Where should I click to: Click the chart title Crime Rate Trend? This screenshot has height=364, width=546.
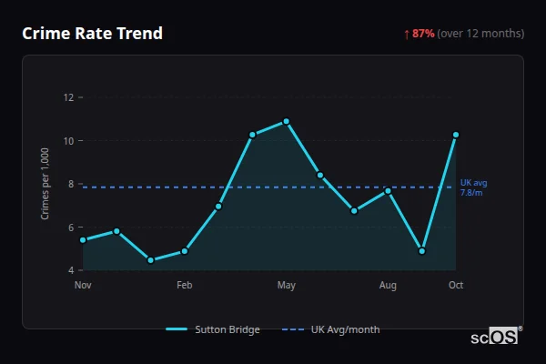click(x=92, y=34)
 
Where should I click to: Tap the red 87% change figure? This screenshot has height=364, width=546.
click(x=423, y=34)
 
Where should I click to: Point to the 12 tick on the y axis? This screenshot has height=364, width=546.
click(x=67, y=97)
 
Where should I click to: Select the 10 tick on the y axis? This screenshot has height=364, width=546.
click(x=67, y=141)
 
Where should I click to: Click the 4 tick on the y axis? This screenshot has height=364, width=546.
click(x=70, y=270)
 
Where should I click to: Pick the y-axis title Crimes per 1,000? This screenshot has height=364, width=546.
click(x=45, y=184)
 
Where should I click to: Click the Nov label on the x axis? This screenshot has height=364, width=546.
click(x=83, y=286)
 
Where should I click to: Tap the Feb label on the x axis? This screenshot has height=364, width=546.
click(x=185, y=286)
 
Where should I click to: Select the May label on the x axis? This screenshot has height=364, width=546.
click(x=287, y=286)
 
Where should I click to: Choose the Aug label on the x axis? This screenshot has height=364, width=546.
click(x=388, y=286)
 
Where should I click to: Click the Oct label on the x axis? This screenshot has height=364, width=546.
click(x=456, y=286)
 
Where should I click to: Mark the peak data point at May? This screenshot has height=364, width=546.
click(x=287, y=121)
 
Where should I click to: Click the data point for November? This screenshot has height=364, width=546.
click(x=83, y=240)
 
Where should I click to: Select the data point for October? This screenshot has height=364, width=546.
click(x=456, y=135)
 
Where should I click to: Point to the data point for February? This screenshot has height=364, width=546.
click(x=185, y=251)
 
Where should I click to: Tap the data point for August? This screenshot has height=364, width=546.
click(x=388, y=190)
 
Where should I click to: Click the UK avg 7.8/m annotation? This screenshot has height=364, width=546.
click(x=472, y=187)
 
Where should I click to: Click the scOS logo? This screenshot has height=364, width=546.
click(x=494, y=336)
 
